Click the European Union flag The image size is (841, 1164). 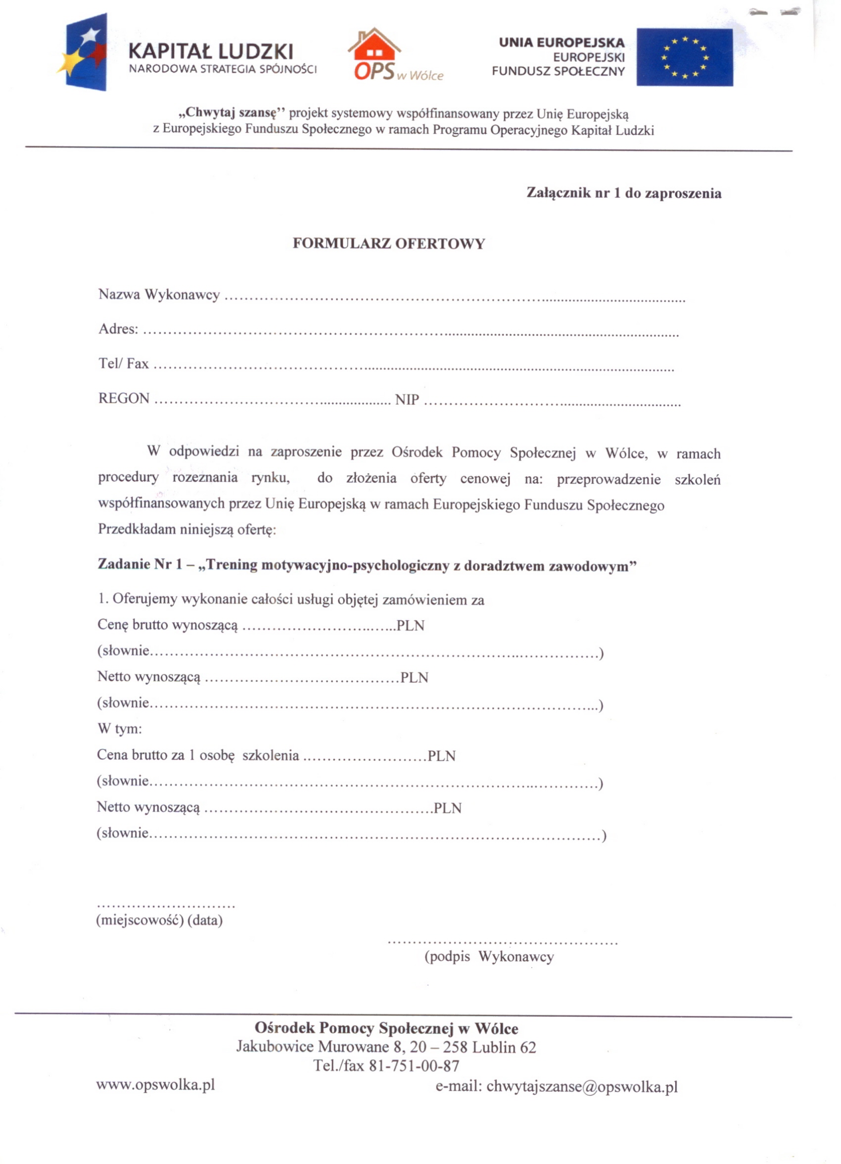coord(685,57)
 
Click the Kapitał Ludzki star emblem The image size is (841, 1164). coord(84,52)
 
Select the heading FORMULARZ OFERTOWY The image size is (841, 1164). coord(388,243)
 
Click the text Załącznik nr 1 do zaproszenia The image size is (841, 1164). coord(623,193)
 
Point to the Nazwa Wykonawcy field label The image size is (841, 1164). coord(159,294)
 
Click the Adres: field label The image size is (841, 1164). coord(118,329)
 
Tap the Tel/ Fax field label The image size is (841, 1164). coord(123,364)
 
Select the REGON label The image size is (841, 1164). coord(124,399)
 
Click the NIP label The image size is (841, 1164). coord(407,399)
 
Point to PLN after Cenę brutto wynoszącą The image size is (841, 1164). coord(411,626)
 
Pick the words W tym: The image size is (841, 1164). coord(120,729)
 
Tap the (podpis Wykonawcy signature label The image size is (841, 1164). coord(489,957)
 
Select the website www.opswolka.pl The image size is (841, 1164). coord(155,1085)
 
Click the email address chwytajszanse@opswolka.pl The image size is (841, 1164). coord(582,1086)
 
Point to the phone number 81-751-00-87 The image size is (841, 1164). coord(414,1067)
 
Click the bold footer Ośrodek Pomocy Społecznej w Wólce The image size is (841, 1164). coord(386,1028)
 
